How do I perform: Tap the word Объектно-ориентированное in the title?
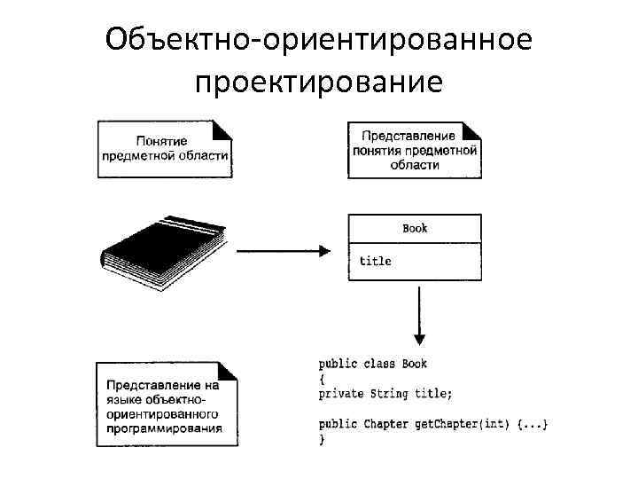[x=318, y=40]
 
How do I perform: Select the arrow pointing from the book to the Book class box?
[x=283, y=251]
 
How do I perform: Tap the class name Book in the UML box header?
[x=415, y=229]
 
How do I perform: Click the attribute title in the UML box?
[x=375, y=261]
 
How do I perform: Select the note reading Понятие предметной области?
[x=164, y=148]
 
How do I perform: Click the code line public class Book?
[x=373, y=364]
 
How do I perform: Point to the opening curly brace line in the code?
[x=322, y=379]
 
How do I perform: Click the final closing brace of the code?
[x=322, y=439]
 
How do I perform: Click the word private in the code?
[x=340, y=394]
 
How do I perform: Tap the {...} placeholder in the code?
[x=532, y=424]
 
